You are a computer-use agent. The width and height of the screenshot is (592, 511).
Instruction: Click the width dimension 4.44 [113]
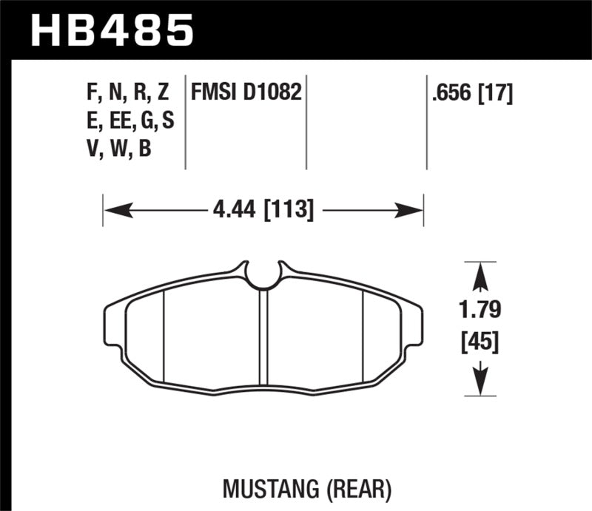[263, 211]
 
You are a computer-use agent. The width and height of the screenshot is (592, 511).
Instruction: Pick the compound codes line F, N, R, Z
[128, 92]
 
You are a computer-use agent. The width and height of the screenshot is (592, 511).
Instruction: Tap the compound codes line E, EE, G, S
[129, 121]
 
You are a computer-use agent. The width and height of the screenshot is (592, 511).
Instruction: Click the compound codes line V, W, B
[118, 149]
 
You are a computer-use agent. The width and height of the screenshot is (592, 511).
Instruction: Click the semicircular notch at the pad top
[263, 275]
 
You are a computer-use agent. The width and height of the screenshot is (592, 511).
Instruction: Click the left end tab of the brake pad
[112, 325]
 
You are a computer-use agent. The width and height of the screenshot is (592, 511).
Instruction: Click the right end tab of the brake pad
[415, 325]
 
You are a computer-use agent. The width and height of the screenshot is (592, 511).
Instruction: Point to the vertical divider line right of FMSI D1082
[306, 122]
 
